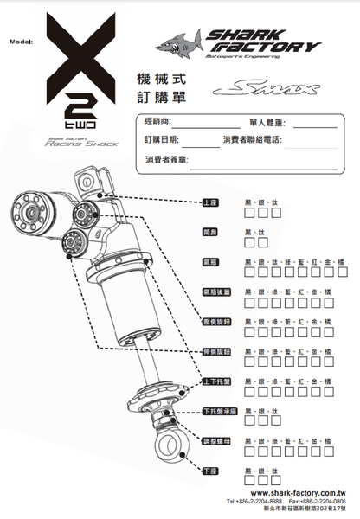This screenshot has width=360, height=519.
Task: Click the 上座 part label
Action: pos(209,202)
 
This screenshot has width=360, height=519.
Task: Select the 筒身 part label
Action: pos(209,232)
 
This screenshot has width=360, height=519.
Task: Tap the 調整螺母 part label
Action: pos(215,440)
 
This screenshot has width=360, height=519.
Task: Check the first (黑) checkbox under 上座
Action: pos(249,212)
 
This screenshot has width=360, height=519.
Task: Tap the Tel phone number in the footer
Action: pos(253,501)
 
